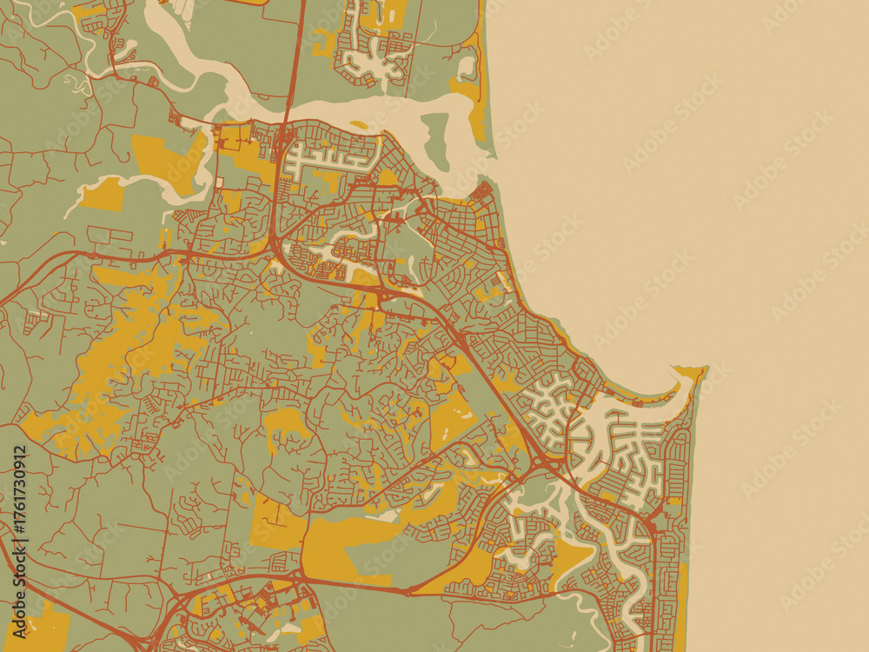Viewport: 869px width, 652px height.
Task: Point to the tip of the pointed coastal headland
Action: click(702, 369)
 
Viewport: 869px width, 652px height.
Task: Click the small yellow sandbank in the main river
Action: click(357, 124)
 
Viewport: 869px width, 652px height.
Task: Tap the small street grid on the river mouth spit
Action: click(483, 190)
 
